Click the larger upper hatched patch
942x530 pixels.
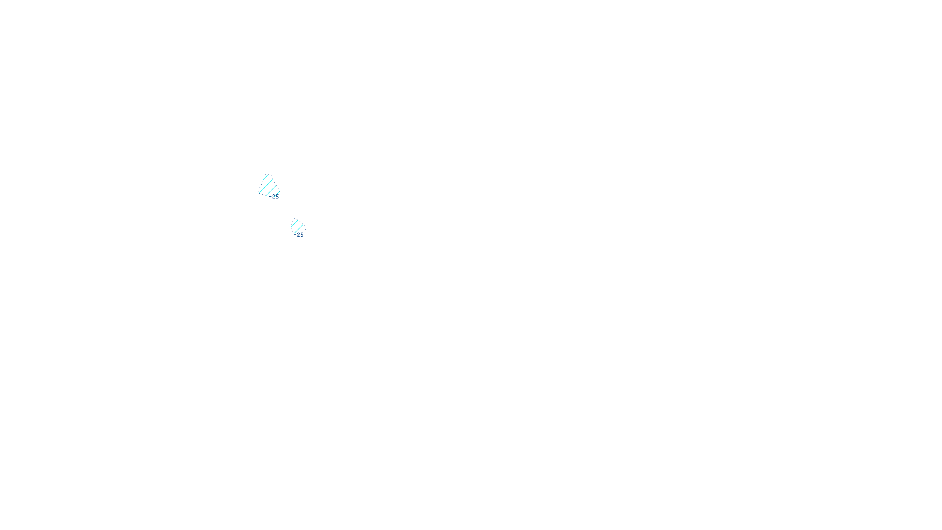(x=268, y=185)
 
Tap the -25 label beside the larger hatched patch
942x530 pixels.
(x=274, y=197)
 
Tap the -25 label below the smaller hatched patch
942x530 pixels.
(x=299, y=234)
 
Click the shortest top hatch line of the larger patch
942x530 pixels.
(x=266, y=177)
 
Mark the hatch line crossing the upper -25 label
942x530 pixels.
(x=276, y=194)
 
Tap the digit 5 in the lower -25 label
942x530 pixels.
(x=301, y=234)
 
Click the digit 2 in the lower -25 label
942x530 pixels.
(x=298, y=234)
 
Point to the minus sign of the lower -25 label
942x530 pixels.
(x=295, y=234)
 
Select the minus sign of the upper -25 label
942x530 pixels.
(x=270, y=197)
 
